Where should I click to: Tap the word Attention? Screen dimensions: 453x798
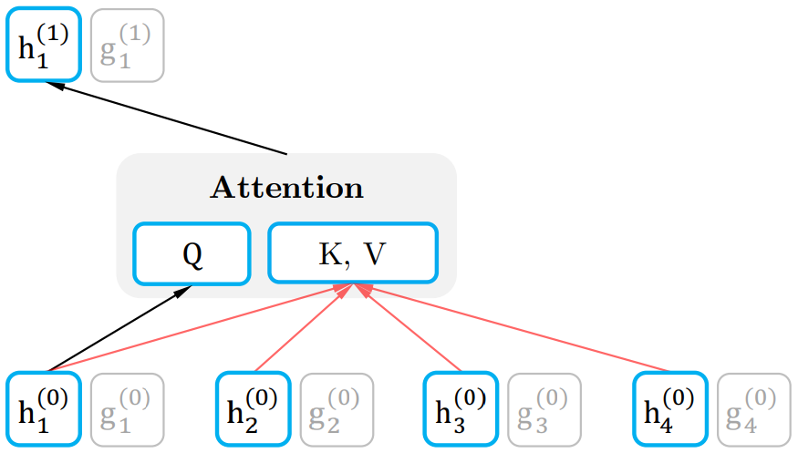point(287,188)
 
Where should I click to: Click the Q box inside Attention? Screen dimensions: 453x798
point(192,253)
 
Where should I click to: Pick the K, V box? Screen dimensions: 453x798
point(353,253)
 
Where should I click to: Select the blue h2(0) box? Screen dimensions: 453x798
point(253,408)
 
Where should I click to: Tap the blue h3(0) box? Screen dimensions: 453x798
point(461,408)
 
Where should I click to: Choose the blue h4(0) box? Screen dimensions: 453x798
point(669,408)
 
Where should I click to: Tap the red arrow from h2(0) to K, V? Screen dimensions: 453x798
point(301,329)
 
